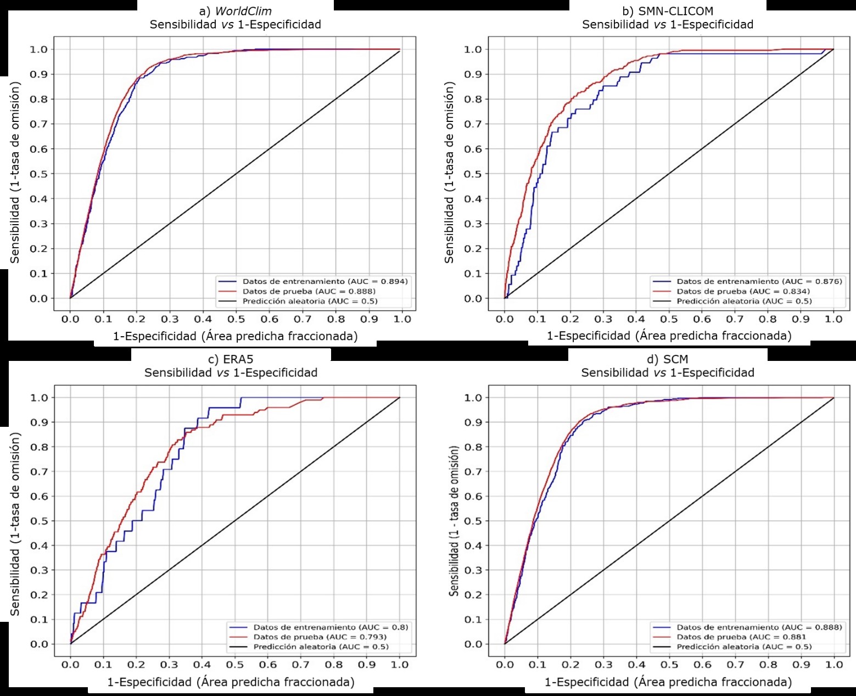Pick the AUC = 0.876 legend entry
click(759, 281)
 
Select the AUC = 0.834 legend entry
click(743, 291)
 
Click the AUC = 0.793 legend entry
click(320, 637)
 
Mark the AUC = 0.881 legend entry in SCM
click(741, 637)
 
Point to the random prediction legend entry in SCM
click(744, 647)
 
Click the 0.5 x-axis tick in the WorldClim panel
click(236, 319)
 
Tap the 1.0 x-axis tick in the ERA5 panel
click(400, 665)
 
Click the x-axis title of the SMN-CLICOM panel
click(669, 336)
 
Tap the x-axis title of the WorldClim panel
click(235, 336)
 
